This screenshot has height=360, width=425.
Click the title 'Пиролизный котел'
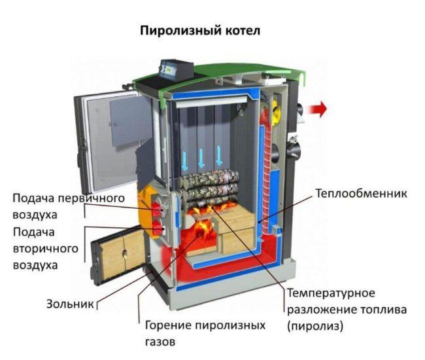(x=200, y=31)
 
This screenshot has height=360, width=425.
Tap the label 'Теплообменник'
(x=361, y=194)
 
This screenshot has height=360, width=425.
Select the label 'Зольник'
(x=67, y=304)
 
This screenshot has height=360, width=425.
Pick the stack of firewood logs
(x=209, y=186)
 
